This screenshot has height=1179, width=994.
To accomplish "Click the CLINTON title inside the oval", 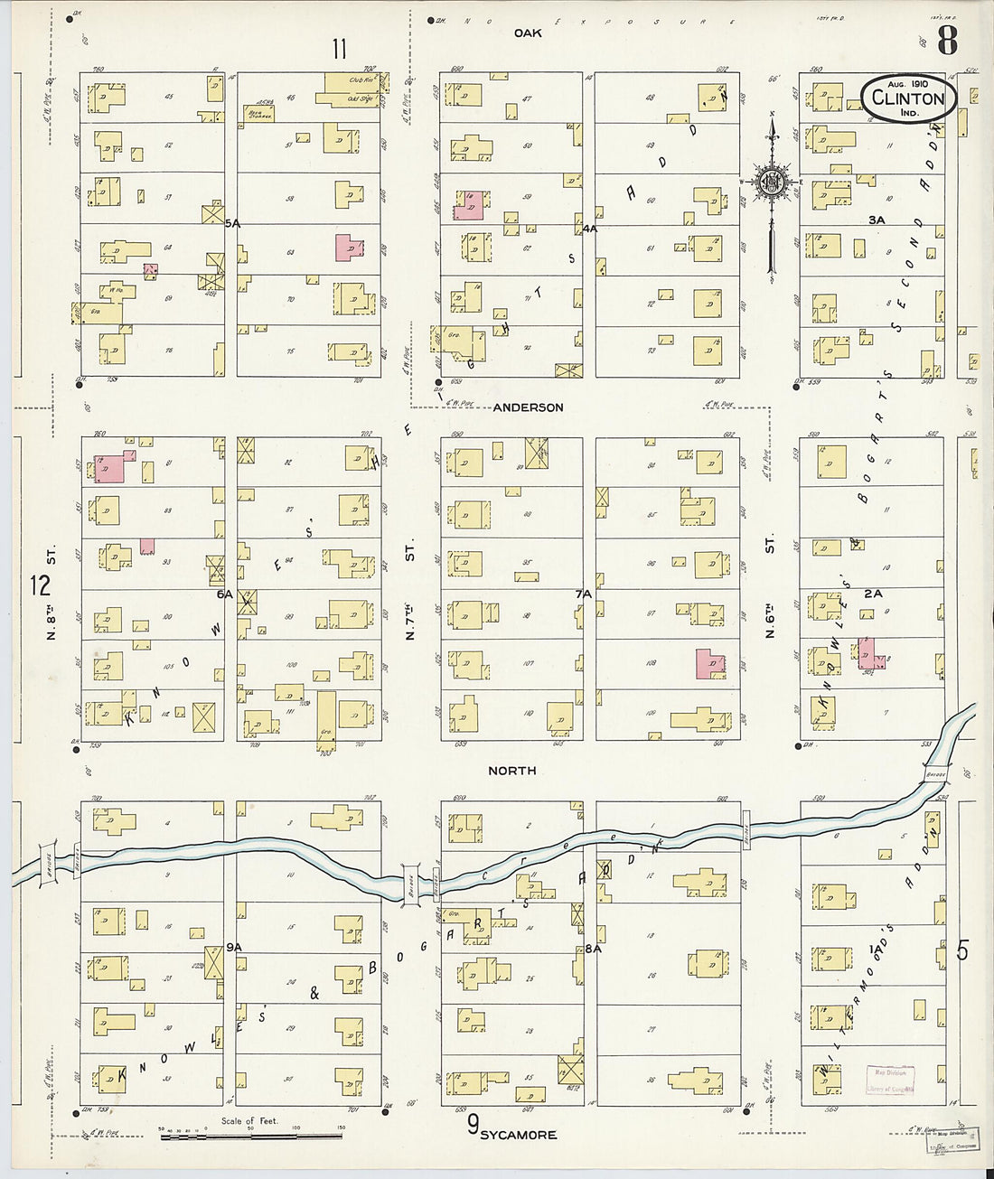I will coord(908,98).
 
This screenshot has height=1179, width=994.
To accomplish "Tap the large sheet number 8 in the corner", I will coord(946,41).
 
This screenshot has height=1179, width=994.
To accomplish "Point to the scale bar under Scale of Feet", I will coord(251,1135).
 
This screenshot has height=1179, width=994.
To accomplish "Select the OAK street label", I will coord(528,33).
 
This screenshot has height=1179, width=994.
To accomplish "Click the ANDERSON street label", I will coord(528,407).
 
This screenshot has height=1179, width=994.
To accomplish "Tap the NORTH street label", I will coord(511,771).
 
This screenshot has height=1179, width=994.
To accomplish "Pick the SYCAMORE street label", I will coord(518,1135).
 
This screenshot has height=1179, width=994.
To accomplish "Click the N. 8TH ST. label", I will coord(52,592).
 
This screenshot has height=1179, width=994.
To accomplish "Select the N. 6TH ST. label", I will coord(770,592).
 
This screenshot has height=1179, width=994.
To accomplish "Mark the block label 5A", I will coord(232,223).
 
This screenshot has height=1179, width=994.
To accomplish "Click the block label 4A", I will coord(589,229).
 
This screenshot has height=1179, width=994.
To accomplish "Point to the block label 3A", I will coord(876,220).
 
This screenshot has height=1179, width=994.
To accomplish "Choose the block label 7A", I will coord(583,594).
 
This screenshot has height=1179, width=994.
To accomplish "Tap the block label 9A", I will coord(234,946).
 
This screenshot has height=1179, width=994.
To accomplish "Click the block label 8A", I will coord(593,949).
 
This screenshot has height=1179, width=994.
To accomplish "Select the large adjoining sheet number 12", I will coord(40,585).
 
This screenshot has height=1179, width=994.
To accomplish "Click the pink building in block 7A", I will coord(709,663).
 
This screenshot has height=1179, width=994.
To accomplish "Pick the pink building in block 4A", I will coord(468,205).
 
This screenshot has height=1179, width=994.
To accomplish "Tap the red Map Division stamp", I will coord(890,1079).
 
